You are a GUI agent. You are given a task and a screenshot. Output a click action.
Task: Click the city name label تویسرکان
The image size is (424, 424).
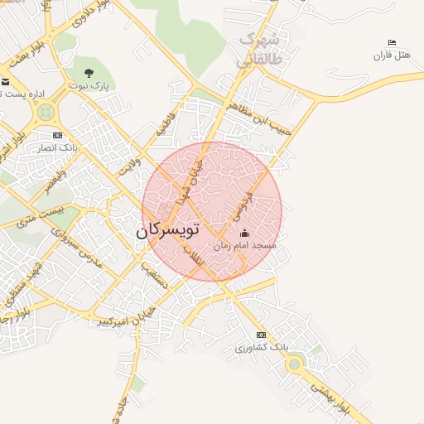[x=169, y=232]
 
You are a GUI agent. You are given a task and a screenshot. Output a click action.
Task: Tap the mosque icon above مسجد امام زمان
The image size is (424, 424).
[x=243, y=235]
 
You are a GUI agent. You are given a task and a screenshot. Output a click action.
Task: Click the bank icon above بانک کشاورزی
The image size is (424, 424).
[x=262, y=335]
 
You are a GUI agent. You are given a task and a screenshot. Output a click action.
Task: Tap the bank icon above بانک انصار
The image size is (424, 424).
[x=57, y=135]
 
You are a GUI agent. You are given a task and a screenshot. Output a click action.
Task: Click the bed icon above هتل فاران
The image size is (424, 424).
[x=392, y=43]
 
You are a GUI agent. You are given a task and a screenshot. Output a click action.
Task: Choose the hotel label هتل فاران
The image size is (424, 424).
[x=392, y=55]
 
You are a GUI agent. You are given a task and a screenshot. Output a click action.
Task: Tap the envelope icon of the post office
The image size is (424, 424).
[x=5, y=82]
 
